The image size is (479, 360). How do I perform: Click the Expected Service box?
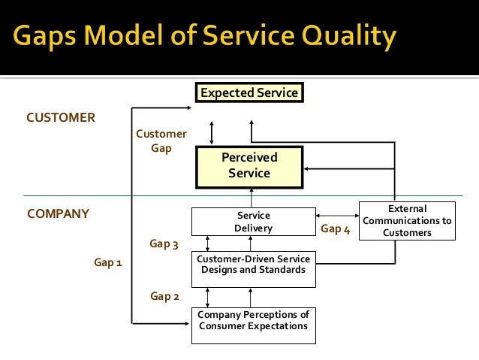[249, 93]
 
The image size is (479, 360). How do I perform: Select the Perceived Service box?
[249, 165]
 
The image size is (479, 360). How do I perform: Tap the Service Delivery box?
[253, 222]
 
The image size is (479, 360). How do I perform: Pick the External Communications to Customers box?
[407, 221]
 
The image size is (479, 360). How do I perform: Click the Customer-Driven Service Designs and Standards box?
[253, 265]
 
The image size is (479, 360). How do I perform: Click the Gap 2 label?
[165, 296]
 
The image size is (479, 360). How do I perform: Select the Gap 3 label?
[165, 244]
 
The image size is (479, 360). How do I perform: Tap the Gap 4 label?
[335, 229]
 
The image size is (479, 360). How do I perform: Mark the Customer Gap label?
[161, 141]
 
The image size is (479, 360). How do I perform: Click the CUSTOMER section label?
[61, 118]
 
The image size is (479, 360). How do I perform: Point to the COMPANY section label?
[58, 213]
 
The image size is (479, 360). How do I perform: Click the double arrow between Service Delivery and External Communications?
[337, 214]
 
